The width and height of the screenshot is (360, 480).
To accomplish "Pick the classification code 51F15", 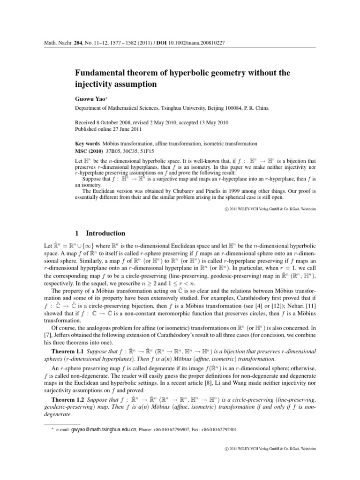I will coord(158,150).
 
